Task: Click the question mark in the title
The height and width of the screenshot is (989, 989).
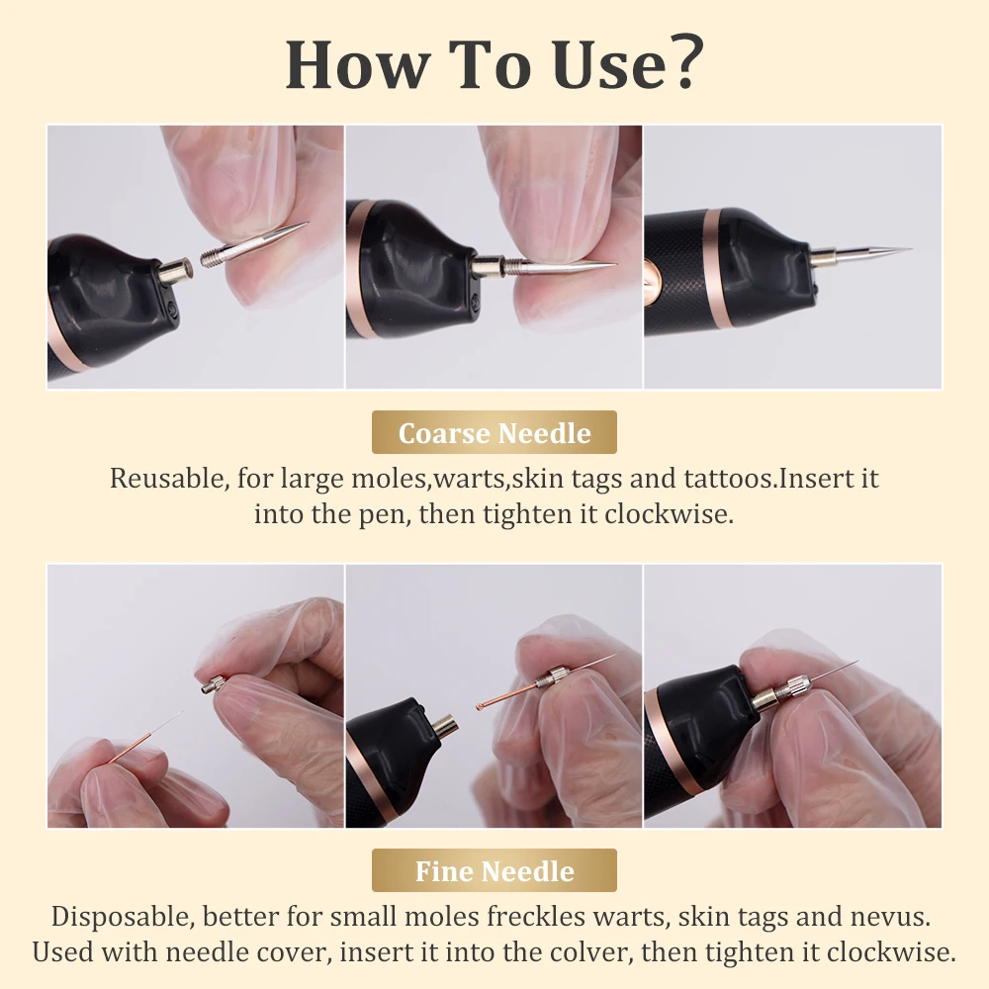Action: (x=682, y=64)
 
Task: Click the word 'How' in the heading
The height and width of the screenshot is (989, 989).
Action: (x=341, y=64)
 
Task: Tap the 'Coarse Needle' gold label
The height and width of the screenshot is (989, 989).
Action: (x=494, y=433)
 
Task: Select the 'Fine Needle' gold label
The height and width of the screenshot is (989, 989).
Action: (x=494, y=871)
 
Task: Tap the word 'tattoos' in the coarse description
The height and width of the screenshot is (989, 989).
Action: (x=728, y=479)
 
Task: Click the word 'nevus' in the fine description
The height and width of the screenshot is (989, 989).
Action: (x=896, y=916)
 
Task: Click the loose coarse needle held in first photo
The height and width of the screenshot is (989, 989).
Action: (x=257, y=246)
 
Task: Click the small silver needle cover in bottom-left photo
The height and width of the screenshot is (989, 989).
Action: (x=213, y=682)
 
